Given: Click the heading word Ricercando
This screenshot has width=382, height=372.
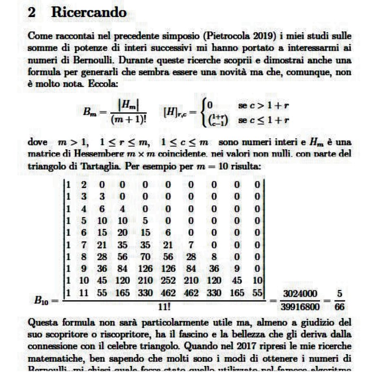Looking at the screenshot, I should [89, 13].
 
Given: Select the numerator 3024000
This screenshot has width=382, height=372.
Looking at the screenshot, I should [298, 294].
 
